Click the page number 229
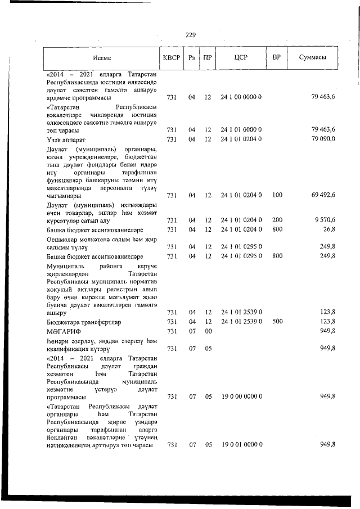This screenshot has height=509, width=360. point(190,35)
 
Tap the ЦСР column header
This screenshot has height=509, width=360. point(241,58)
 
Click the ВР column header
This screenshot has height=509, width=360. point(276,58)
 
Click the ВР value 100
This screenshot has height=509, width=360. point(277,195)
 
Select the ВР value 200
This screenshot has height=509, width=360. point(277,220)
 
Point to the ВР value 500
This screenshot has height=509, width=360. point(277,321)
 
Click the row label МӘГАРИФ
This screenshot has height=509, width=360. point(63,331)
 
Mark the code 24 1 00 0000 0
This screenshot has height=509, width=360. point(241,97)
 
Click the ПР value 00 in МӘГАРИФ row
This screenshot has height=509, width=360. point(208,331)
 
